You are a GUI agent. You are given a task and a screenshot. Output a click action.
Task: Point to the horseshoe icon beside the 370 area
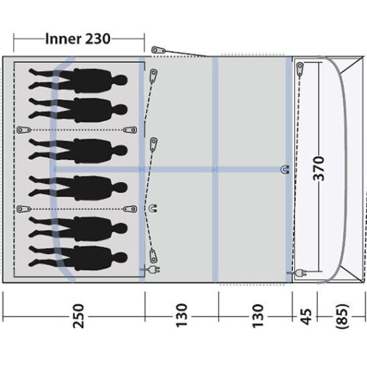(x=284, y=170)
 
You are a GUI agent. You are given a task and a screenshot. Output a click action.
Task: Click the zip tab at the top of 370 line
(x=301, y=69)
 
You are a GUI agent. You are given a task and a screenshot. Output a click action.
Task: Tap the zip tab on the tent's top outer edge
(x=157, y=51)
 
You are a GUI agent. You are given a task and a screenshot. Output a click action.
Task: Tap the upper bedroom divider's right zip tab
(x=131, y=129)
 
